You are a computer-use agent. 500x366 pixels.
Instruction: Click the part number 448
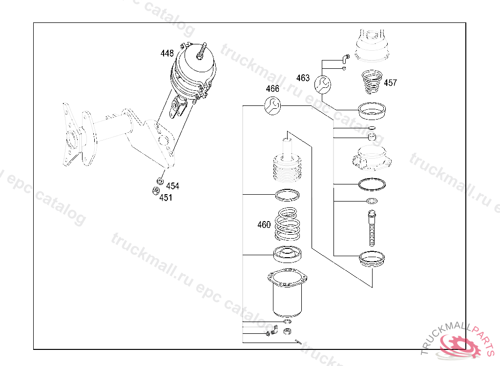[167, 53]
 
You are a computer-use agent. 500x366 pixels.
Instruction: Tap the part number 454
[172, 186]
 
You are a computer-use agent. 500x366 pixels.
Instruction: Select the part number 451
[166, 198]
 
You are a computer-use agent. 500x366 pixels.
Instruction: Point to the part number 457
[390, 83]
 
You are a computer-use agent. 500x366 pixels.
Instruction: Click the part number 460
[264, 225]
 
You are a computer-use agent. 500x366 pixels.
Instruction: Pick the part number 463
[303, 78]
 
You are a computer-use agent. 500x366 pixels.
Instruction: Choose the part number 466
[272, 89]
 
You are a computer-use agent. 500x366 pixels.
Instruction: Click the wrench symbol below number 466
[272, 106]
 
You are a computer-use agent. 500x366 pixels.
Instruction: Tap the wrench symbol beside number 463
[322, 84]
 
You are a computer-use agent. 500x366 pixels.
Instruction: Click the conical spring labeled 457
[372, 82]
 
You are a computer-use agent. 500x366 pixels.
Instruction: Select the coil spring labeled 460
[287, 224]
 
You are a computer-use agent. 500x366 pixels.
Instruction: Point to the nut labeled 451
[155, 191]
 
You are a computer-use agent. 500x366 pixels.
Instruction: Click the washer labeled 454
[160, 182]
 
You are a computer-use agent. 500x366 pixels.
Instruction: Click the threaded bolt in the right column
[372, 227]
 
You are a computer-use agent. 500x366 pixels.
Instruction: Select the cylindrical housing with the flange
[287, 293]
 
